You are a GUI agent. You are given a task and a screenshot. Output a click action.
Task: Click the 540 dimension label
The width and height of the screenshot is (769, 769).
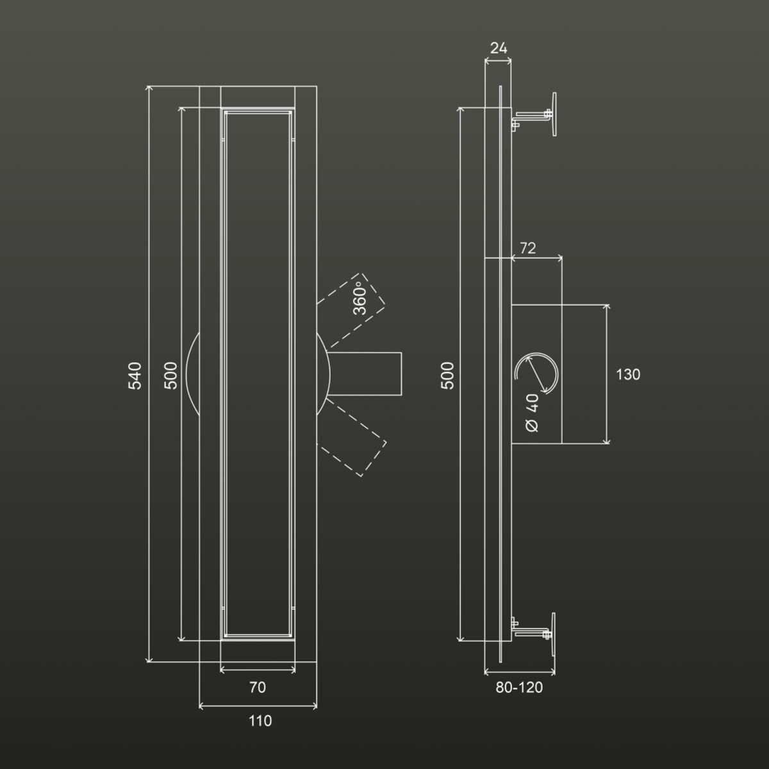[x=135, y=376]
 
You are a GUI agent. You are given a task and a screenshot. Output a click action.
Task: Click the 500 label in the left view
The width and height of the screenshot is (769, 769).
[x=170, y=376]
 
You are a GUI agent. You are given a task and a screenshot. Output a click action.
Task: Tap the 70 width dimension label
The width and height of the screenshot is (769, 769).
[x=258, y=687]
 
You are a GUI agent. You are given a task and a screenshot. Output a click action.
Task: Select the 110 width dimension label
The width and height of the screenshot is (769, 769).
[x=260, y=721]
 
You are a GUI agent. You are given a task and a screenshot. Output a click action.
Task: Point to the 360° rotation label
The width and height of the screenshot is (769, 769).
[x=360, y=298]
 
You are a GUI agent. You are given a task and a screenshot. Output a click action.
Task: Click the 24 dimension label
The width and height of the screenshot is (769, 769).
[x=499, y=48]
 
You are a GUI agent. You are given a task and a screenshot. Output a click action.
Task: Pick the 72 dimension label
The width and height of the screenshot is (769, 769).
[x=527, y=248]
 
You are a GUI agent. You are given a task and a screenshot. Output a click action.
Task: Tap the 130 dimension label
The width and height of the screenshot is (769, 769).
[x=628, y=374]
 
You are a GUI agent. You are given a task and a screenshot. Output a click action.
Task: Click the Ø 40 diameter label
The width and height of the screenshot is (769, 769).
[x=533, y=413]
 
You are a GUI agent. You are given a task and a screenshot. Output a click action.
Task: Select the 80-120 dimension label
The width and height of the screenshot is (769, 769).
[x=519, y=687]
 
